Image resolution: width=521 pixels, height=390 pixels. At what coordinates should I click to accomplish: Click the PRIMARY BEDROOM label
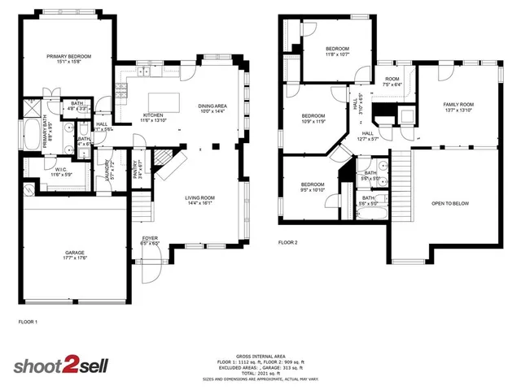pos(68,56)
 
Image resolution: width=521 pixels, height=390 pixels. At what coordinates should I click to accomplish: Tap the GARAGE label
pos(75,253)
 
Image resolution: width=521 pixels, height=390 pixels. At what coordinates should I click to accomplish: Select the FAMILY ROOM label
pos(459,105)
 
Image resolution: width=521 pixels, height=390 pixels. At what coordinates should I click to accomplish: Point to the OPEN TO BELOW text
pos(454,204)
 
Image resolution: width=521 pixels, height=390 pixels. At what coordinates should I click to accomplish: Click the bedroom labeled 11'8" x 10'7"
pos(337,49)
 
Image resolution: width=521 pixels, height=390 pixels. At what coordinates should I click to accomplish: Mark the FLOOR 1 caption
pos(28,323)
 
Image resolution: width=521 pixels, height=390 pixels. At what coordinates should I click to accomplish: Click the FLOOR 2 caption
pos(288,242)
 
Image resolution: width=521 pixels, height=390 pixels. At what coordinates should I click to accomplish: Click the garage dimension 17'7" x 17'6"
pos(75,259)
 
